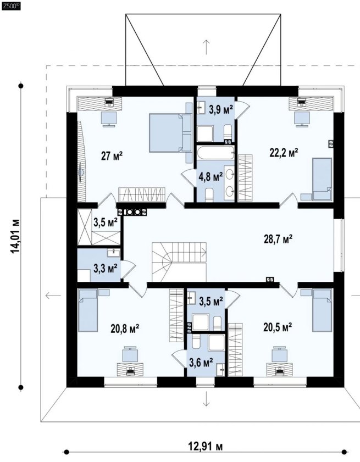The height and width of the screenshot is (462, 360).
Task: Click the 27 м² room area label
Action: (112, 156)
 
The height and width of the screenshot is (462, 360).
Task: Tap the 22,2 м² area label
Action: (284, 153)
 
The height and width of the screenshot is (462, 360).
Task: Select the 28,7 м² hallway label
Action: (278, 240)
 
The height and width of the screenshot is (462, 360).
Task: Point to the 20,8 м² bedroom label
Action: (125, 329)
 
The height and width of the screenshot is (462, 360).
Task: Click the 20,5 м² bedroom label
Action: (278, 327)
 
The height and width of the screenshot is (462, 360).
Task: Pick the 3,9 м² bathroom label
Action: (221, 110)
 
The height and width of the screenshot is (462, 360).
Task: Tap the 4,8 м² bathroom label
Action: (211, 177)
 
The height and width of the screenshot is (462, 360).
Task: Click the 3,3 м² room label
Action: (106, 268)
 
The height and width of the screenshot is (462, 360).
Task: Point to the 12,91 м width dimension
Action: (206, 447)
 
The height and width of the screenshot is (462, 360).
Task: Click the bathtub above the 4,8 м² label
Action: (216, 153)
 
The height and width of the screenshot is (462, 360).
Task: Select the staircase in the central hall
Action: (179, 262)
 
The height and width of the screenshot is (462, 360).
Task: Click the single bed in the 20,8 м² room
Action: (87, 310)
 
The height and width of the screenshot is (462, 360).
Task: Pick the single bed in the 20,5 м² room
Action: (322, 310)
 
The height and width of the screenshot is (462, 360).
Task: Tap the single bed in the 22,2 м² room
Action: (322, 179)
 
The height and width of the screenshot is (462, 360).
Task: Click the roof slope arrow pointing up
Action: (206, 47)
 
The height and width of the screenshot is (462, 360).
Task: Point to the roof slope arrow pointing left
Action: (53, 295)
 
